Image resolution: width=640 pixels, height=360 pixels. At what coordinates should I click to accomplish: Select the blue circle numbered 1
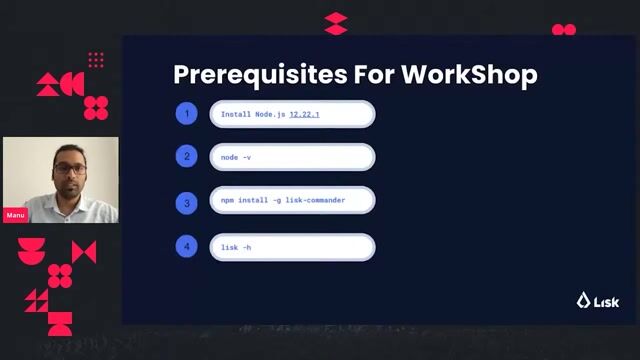(186, 114)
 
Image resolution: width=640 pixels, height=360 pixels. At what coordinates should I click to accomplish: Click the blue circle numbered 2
(186, 157)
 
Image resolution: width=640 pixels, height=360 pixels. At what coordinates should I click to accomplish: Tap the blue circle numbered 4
(186, 245)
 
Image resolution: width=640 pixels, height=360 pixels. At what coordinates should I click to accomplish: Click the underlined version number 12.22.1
(311, 115)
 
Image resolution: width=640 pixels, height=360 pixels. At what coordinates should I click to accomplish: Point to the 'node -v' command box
(292, 157)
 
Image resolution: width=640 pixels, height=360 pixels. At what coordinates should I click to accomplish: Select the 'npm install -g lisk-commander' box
(292, 201)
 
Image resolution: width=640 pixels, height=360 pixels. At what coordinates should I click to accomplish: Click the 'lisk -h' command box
(292, 246)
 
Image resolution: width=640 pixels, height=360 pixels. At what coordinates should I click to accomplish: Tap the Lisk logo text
(606, 301)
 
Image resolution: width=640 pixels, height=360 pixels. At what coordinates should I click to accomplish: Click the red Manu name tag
(15, 215)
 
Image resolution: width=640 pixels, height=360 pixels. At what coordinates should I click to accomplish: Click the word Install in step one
(237, 115)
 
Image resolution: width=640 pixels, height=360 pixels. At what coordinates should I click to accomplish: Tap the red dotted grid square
(96, 60)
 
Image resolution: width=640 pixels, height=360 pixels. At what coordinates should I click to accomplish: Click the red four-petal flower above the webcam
(96, 107)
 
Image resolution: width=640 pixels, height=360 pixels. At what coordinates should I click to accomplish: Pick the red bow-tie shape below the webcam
(84, 252)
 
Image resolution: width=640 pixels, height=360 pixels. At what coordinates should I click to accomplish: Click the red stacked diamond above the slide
(336, 23)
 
